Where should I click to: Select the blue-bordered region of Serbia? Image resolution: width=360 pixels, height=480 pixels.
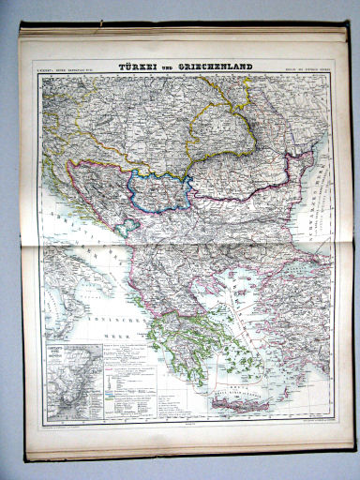(164, 187)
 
